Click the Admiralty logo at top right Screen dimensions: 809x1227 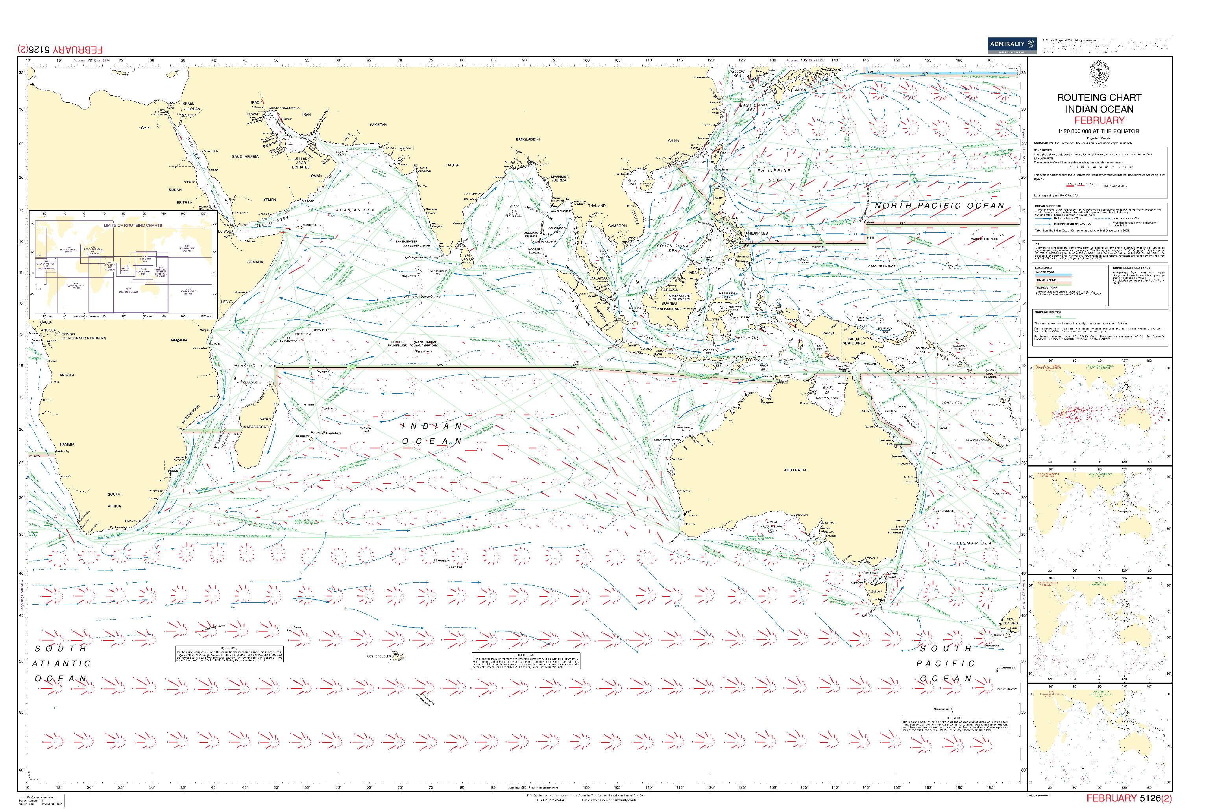[x=1011, y=45]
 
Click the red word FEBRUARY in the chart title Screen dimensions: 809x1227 [x=1099, y=120]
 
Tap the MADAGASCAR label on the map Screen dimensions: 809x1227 [x=256, y=427]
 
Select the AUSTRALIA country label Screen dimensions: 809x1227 [x=795, y=470]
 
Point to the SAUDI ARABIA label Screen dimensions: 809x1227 [x=245, y=156]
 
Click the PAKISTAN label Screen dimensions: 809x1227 [x=378, y=125]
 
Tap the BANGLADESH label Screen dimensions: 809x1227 [x=528, y=139]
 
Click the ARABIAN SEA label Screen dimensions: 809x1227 [x=355, y=210]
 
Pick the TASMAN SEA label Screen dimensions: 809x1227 [x=974, y=543]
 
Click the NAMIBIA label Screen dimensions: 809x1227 [x=67, y=444]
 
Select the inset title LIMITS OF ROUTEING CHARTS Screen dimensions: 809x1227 [x=133, y=226]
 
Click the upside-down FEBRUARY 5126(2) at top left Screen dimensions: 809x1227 [x=60, y=50]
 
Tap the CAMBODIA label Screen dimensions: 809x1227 [x=617, y=226]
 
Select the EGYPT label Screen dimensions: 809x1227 [x=144, y=128]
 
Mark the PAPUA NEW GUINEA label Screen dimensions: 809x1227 [x=854, y=341]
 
